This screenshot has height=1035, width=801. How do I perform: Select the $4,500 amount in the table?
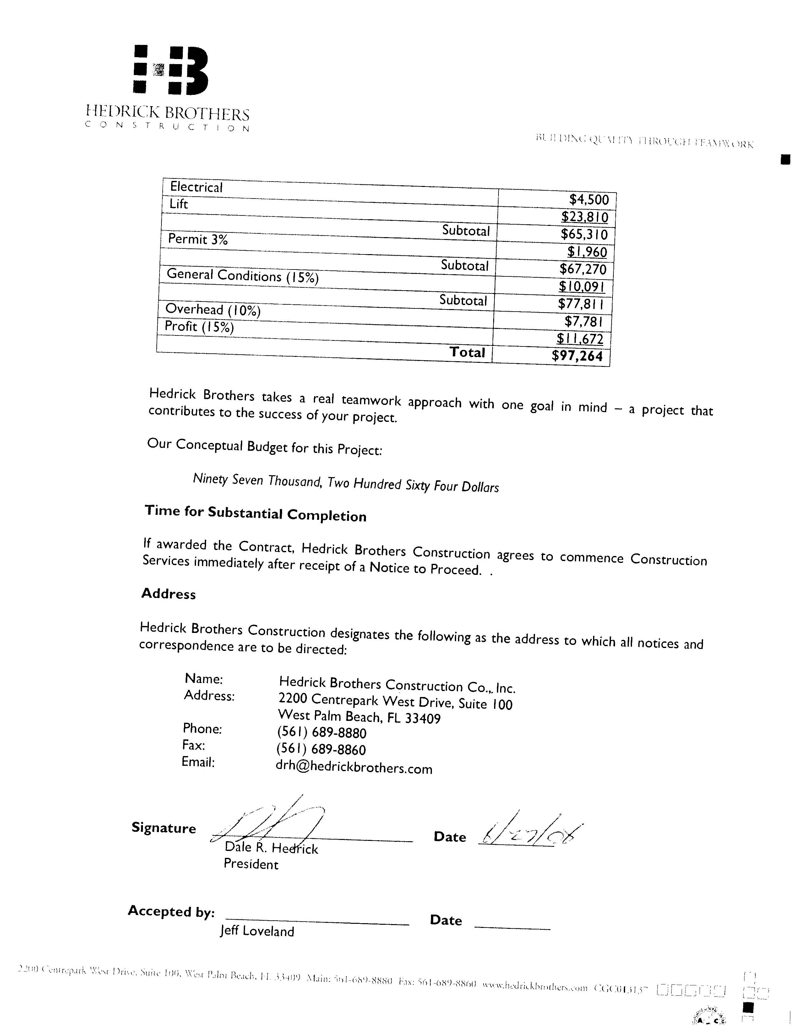tap(589, 199)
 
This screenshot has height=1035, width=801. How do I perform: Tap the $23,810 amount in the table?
tap(584, 217)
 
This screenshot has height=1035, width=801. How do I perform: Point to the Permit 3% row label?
tap(198, 239)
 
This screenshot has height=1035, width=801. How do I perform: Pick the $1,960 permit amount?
tap(587, 252)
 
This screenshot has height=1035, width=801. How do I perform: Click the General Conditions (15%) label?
tap(242, 276)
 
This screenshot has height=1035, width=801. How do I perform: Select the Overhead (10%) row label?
tap(213, 310)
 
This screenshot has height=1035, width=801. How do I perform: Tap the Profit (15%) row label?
tap(199, 326)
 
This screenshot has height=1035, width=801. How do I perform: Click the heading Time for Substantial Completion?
tap(255, 513)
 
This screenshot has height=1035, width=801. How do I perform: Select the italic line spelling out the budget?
tap(346, 483)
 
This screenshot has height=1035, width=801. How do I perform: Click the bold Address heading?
tap(168, 594)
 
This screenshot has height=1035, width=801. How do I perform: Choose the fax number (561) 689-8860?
tap(321, 750)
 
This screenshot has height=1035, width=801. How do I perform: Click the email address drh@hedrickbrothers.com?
tap(354, 767)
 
